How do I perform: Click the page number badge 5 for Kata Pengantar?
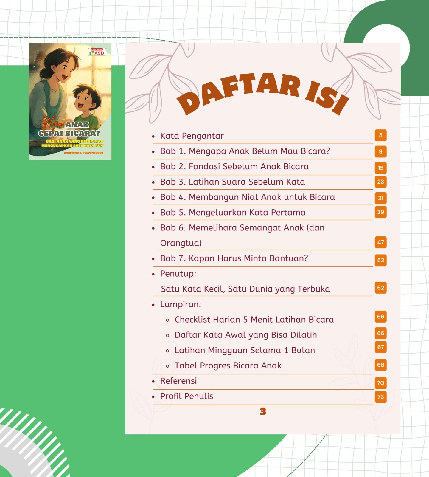[380, 135]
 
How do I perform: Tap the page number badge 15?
[380, 168]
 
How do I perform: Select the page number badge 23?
[380, 182]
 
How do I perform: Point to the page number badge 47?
[380, 242]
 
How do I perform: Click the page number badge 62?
[380, 288]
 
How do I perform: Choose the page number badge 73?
[380, 397]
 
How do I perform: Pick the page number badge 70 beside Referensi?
[380, 383]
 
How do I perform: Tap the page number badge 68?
[380, 365]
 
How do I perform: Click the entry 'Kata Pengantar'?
[192, 136]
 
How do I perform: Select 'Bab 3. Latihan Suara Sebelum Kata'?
[232, 182]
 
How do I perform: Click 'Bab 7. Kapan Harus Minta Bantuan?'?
[234, 258]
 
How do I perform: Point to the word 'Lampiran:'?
[181, 304]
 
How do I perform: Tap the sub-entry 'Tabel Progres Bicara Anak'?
[228, 366]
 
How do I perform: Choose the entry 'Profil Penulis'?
[186, 396]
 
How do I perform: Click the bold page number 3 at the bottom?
[263, 411]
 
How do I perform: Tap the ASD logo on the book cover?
[97, 52]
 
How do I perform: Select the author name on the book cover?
[83, 153]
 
